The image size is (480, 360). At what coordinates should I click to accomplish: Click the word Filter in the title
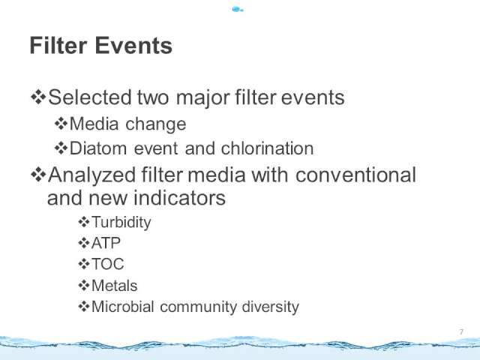(58, 45)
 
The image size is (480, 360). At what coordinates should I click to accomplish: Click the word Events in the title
(133, 45)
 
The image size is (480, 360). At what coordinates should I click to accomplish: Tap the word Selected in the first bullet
(90, 97)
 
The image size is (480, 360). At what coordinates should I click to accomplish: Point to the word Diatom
(98, 148)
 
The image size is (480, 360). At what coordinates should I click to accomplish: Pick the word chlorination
(267, 148)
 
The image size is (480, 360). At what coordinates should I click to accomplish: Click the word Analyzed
(91, 175)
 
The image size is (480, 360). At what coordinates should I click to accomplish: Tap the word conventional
(355, 175)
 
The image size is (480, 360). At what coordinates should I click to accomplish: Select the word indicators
(180, 197)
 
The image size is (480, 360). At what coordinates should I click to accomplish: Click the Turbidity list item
(121, 222)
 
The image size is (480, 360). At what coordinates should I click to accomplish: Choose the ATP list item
(106, 243)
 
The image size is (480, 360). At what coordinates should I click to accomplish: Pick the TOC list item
(108, 264)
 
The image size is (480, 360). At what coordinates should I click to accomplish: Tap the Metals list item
(115, 285)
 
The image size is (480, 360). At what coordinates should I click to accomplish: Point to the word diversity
(270, 307)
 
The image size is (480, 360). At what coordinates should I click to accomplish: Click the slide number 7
(461, 331)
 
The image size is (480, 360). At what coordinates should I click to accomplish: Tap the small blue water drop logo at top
(238, 10)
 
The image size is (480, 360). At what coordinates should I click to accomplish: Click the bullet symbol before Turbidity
(83, 222)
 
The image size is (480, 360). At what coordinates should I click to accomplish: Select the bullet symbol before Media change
(61, 124)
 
